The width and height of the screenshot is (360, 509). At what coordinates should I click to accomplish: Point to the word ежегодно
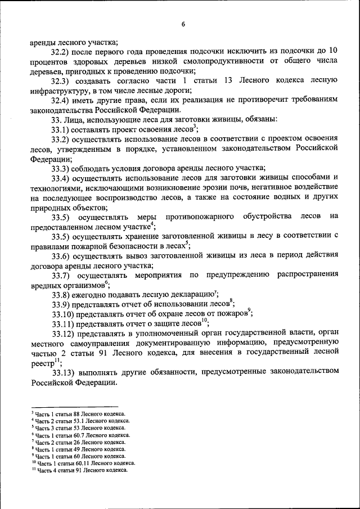click(x=93, y=294)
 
